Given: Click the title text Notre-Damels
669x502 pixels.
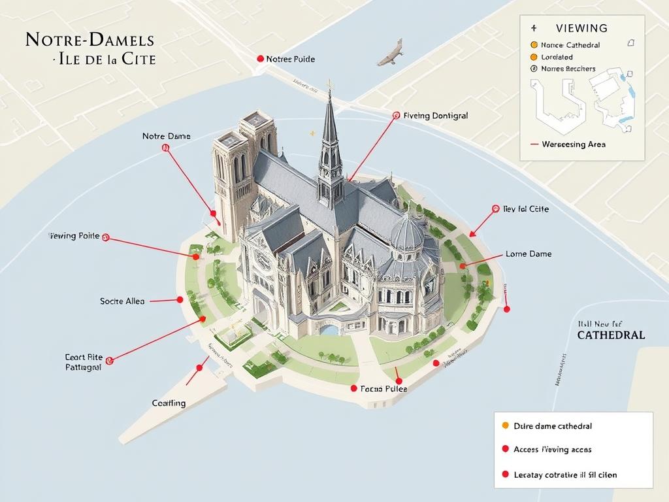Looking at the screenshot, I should click(x=90, y=39).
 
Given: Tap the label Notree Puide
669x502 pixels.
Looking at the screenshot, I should click(x=290, y=59).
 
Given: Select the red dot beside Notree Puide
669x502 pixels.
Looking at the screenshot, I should click(x=261, y=59).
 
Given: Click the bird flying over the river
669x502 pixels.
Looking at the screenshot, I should click(x=391, y=54).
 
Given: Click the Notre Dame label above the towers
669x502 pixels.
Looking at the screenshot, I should click(x=167, y=136).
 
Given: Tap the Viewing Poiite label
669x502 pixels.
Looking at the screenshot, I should click(x=74, y=236).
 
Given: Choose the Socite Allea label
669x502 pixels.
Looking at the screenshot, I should click(x=122, y=301).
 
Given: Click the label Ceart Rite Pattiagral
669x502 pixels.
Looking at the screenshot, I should click(x=83, y=362).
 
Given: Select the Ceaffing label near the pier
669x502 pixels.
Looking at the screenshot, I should click(x=169, y=403).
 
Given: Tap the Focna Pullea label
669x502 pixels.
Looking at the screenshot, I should click(x=383, y=388).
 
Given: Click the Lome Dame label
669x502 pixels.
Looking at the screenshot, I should click(x=529, y=254).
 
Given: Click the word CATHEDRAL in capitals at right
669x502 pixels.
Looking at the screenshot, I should click(x=611, y=335).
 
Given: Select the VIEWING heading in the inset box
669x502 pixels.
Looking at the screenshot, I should click(x=581, y=28).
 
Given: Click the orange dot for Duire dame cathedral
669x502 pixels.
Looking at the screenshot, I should click(x=504, y=426).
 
